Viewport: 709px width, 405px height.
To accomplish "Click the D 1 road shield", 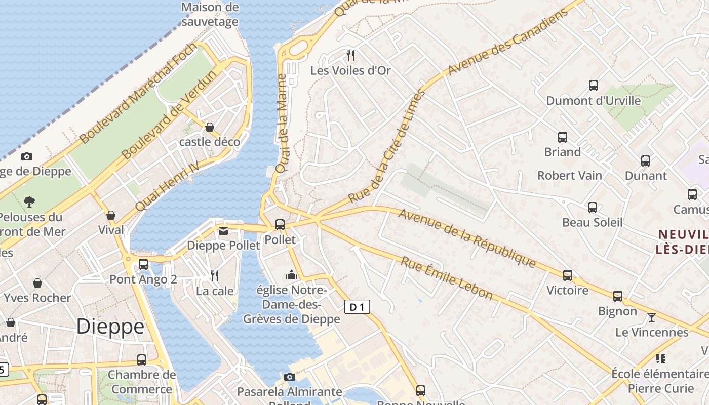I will coord(357,307).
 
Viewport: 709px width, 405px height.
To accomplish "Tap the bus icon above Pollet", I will coord(280,224).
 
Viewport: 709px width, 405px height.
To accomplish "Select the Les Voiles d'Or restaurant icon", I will coord(350,55).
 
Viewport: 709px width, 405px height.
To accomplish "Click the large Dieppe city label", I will coord(110,327).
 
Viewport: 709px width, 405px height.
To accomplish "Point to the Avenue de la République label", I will coord(467,237).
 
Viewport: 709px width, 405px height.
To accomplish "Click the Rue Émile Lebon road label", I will coord(447,278).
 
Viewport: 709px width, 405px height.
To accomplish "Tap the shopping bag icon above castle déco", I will coord(210,127).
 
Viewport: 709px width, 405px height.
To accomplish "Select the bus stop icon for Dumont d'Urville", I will coord(594,85).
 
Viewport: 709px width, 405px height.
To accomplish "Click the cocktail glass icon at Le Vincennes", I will coord(652,317).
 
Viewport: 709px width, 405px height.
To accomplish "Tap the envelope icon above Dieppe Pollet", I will coord(223,231).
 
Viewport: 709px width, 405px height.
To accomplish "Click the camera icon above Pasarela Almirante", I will coord(290,377).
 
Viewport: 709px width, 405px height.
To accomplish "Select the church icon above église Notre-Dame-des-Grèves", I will coord(291,275).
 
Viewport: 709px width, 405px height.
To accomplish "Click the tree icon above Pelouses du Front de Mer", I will coord(29,202).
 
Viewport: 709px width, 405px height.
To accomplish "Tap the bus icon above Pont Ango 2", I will coord(143,264).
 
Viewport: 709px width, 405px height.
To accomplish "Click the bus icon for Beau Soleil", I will coord(593,208).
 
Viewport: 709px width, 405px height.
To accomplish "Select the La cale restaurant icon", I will coord(215,276).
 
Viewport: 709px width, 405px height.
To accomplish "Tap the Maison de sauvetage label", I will coord(210,14).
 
